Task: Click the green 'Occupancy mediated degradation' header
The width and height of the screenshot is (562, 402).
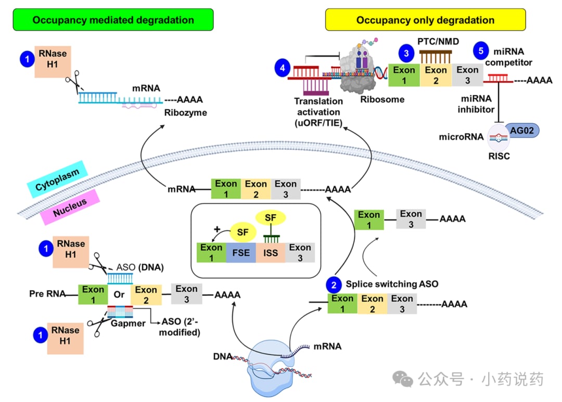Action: point(113,20)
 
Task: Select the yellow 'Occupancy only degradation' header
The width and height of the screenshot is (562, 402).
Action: point(425,20)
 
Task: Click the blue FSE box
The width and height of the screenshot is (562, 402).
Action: point(241,253)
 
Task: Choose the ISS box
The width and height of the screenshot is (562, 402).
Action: point(271,253)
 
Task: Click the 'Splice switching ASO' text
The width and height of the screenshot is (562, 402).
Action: point(392,284)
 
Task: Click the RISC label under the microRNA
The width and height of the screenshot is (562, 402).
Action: point(500,155)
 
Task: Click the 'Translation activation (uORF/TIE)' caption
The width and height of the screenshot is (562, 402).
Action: point(318,112)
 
